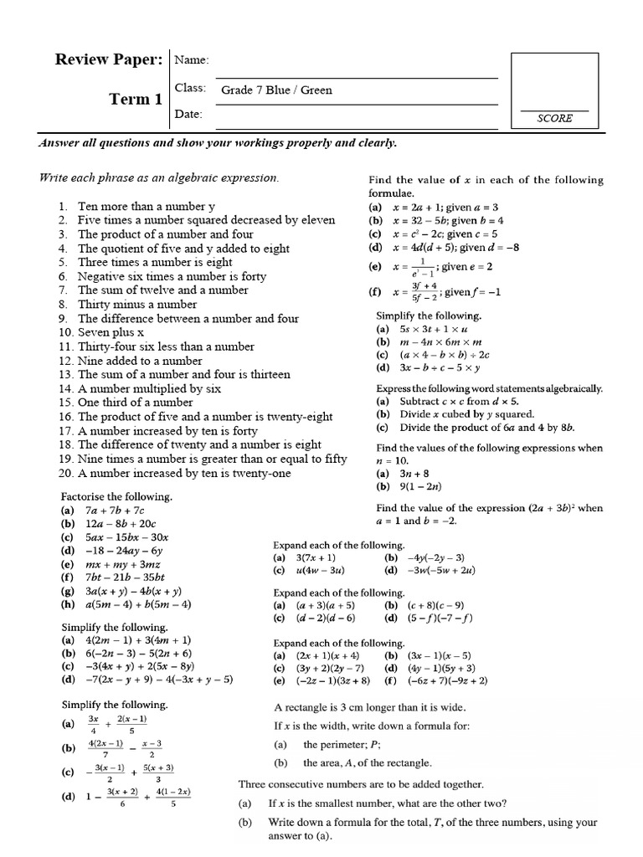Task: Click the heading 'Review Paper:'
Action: (x=108, y=59)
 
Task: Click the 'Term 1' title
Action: (x=136, y=100)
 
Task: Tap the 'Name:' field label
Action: (x=192, y=60)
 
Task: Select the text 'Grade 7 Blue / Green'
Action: (x=276, y=90)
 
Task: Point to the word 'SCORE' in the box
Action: (x=554, y=119)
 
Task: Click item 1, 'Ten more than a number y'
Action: (x=147, y=206)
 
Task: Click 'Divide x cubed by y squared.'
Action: (x=466, y=414)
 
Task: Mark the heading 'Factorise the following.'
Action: (x=117, y=496)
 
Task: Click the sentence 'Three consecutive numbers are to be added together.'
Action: (x=361, y=784)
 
